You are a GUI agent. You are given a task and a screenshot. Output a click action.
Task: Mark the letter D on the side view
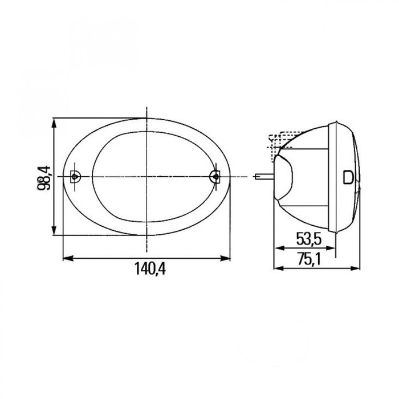[x=348, y=177]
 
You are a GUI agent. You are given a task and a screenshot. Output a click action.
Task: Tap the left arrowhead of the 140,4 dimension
[x=64, y=258]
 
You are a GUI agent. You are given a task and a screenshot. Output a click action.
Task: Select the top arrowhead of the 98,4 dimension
[x=55, y=121]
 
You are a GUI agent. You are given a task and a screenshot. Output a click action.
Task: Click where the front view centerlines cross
[x=146, y=177]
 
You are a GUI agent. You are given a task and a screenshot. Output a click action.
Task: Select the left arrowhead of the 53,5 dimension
[x=277, y=247]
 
